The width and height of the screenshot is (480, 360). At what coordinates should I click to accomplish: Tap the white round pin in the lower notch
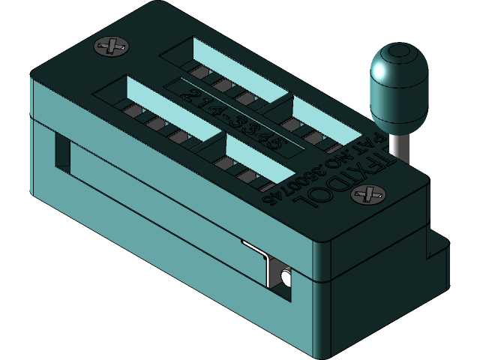click(285, 278)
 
